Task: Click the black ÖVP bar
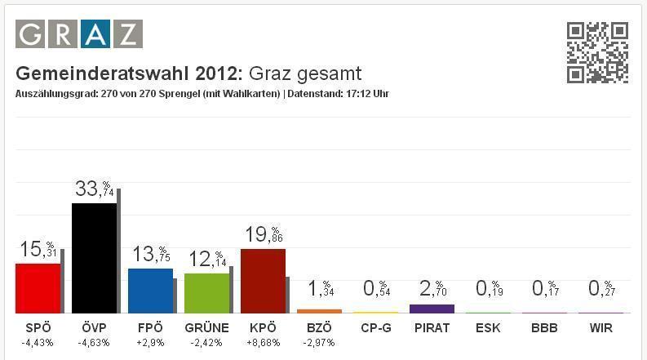pos(94,257)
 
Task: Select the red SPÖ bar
pos(38,287)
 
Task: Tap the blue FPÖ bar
pos(150,290)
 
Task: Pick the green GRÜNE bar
pos(206,292)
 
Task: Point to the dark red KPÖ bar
pos(263,280)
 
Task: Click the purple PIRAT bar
pos(432,309)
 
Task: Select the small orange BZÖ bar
pos(319,311)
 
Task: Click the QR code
pos(597,52)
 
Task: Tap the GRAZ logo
pos(79,34)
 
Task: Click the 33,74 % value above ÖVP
pos(95,189)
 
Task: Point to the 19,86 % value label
pos(264,235)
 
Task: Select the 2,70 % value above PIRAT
pos(432,288)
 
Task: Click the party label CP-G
pos(375,328)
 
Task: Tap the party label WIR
pos(600,328)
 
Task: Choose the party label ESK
pos(488,328)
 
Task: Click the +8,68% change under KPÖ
pos(263,342)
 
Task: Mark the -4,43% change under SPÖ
pos(38,342)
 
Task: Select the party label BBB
pos(544,328)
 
